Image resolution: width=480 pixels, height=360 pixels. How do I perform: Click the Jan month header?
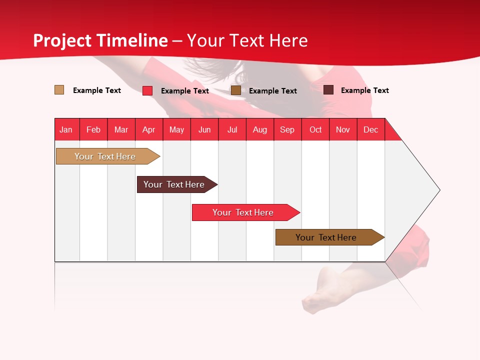click(66, 129)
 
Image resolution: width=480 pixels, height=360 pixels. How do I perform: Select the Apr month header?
click(148, 129)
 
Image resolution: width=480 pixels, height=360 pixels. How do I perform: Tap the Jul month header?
click(232, 129)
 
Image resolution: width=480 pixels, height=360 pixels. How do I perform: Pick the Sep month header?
click(287, 129)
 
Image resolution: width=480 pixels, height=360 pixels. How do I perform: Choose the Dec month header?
click(370, 129)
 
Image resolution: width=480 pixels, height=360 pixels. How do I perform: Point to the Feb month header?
click(93, 129)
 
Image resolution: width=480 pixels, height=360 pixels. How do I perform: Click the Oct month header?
click(315, 129)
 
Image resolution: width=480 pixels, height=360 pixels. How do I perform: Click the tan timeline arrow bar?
click(105, 156)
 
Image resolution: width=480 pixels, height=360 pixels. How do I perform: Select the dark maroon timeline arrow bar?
click(174, 184)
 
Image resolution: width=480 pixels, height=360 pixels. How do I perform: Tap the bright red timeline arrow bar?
click(243, 212)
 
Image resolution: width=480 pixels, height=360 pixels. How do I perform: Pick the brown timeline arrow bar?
click(326, 237)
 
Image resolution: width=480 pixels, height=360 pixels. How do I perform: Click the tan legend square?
click(59, 90)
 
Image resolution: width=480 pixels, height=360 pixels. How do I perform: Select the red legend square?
click(147, 90)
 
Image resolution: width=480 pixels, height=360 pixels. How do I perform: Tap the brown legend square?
click(236, 90)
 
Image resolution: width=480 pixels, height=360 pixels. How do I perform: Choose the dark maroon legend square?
click(328, 90)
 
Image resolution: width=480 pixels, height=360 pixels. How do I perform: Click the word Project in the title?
click(63, 40)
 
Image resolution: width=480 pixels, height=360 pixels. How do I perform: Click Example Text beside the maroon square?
click(364, 90)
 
